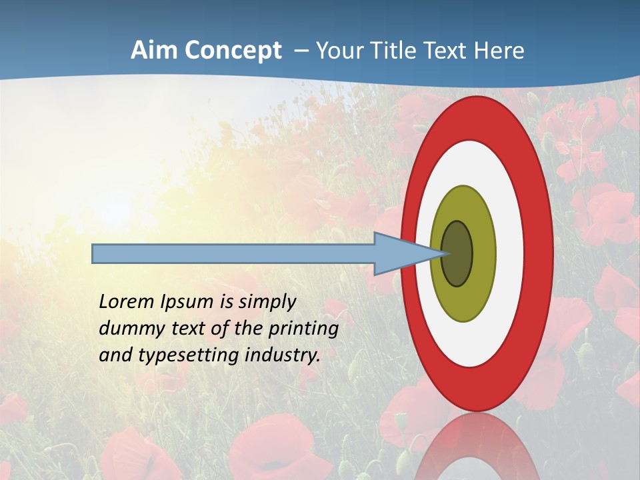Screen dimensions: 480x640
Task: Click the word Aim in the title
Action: tap(152, 51)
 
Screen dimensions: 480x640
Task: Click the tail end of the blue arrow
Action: tap(94, 253)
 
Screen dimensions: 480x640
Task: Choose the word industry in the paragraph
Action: tap(283, 355)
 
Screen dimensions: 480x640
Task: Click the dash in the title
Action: tap(301, 51)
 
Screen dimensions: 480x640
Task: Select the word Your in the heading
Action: tap(336, 51)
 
